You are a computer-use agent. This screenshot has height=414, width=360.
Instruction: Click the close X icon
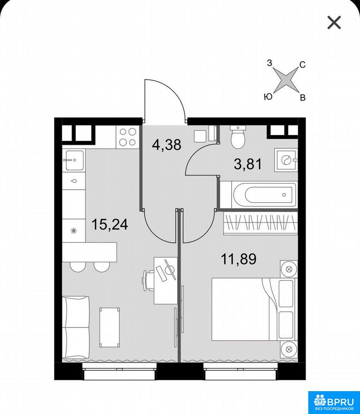coord(334,22)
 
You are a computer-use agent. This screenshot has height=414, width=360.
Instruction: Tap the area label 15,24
coord(110,225)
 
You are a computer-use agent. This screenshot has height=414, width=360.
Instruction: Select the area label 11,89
coord(238,259)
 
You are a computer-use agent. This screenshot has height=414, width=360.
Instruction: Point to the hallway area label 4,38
coord(167,145)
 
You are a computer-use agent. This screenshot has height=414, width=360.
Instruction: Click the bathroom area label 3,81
coord(248,164)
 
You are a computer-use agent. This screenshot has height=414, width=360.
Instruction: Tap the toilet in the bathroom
coord(238,137)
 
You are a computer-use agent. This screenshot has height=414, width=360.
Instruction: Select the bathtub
coord(264,195)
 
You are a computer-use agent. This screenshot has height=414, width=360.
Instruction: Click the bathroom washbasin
coord(286,160)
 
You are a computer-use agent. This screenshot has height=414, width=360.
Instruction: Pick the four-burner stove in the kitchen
coord(127,137)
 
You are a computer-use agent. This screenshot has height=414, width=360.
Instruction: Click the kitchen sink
coord(74,160)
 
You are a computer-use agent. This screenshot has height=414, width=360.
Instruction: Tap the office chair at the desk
coord(148,280)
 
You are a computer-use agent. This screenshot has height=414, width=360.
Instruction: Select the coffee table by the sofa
coord(110,327)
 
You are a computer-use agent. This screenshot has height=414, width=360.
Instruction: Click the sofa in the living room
coord(76,327)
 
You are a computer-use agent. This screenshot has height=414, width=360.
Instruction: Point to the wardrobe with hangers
coord(260,224)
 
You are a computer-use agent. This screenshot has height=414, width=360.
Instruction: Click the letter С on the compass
coord(303,64)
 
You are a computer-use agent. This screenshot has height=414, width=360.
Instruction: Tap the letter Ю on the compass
coord(268,97)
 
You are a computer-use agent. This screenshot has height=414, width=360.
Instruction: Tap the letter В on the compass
coord(303,98)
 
